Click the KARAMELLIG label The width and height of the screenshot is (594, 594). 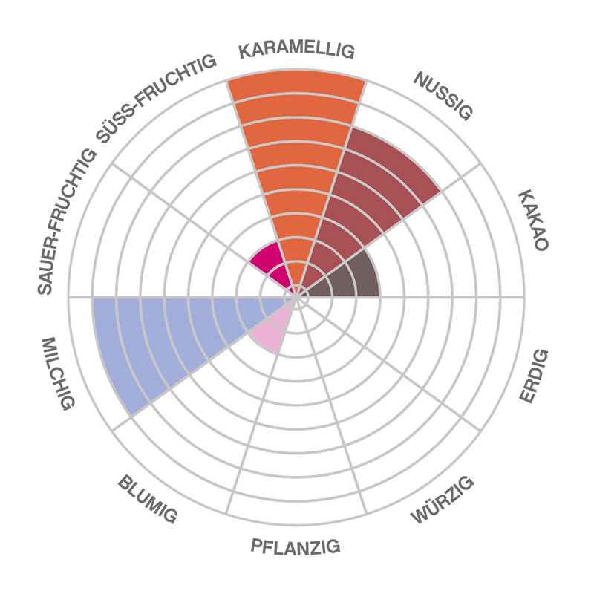tap(296, 50)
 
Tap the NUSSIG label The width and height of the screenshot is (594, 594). tap(443, 96)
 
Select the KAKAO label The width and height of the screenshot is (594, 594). tap(532, 221)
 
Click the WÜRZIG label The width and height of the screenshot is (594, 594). tap(443, 501)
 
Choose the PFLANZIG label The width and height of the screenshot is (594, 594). tap(296, 548)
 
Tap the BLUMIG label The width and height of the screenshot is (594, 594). tap(148, 499)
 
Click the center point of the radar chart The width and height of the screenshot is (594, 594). tap(297, 297)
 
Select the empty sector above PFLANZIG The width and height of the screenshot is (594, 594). tap(297, 431)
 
